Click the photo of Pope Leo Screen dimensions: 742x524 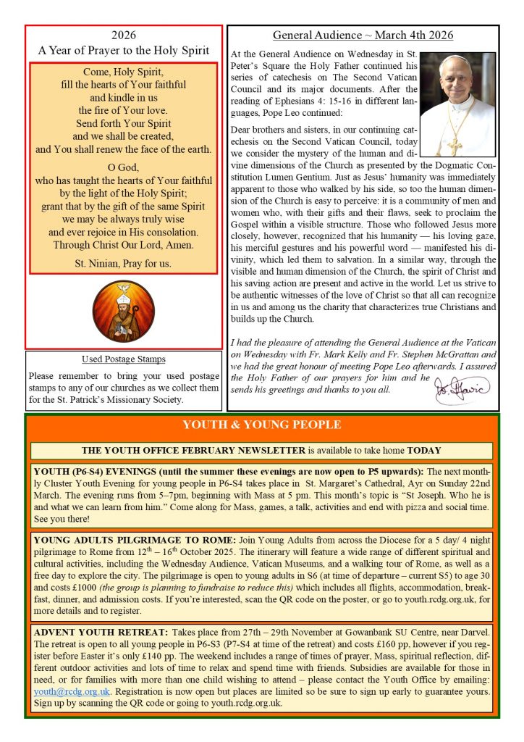pos(457,104)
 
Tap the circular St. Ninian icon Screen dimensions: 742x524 pos(123,312)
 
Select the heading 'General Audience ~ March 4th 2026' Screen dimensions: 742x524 pos(363,35)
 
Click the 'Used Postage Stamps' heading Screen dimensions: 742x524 pos(123,359)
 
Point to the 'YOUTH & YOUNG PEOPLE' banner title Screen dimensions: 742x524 pos(262,425)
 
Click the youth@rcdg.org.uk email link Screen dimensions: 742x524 pos(72,692)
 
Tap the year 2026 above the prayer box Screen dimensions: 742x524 pos(123,36)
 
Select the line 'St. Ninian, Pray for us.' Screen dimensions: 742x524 pos(123,263)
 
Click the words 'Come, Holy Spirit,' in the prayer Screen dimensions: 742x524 pos(123,72)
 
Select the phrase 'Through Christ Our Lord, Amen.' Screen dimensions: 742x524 pos(123,244)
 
